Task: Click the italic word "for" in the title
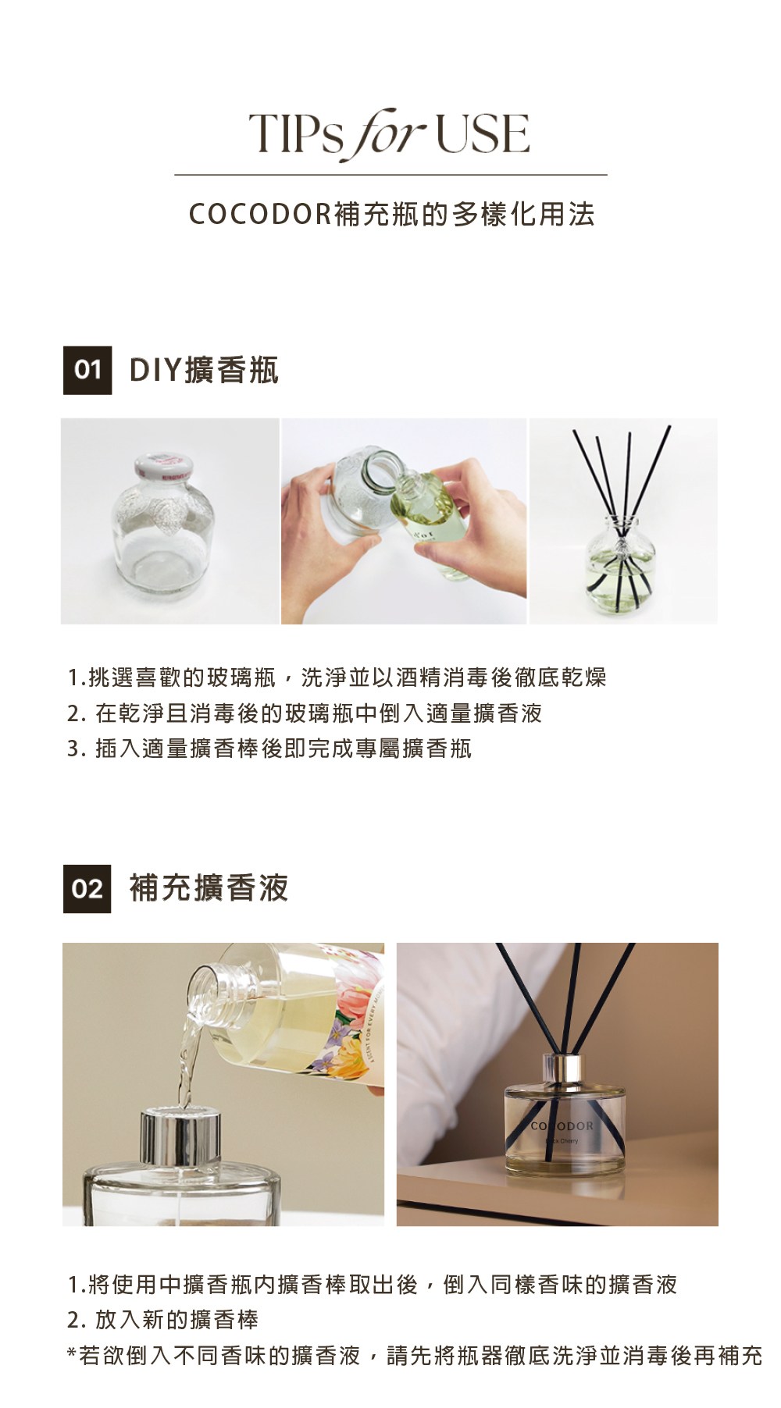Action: pyautogui.click(x=387, y=134)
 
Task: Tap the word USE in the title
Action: pyautogui.click(x=483, y=133)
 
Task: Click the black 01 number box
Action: pyautogui.click(x=87, y=370)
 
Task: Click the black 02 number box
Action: pyautogui.click(x=87, y=888)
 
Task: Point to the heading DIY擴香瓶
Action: pyautogui.click(x=203, y=370)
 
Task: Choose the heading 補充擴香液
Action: pyautogui.click(x=209, y=888)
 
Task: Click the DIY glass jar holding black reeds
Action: pyautogui.click(x=622, y=565)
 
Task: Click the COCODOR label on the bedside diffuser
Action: pyautogui.click(x=562, y=1126)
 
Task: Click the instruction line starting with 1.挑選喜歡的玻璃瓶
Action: pyautogui.click(x=337, y=677)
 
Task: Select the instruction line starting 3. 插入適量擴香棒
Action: pyautogui.click(x=269, y=749)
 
